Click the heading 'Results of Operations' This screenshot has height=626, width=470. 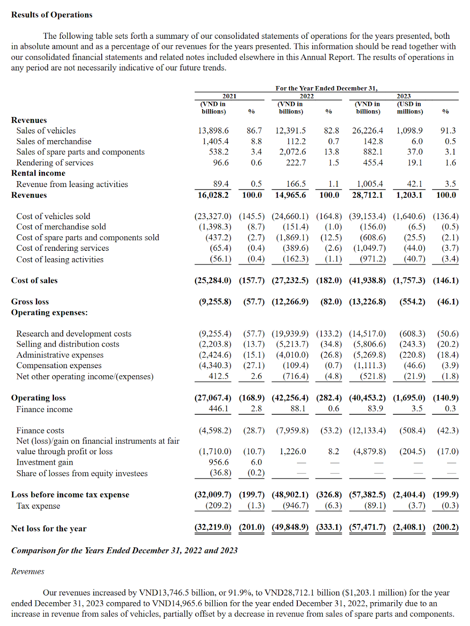coord(52,15)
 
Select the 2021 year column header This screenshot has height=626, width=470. coord(229,96)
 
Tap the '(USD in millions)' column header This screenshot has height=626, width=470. coord(409,108)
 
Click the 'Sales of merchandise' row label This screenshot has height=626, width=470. coord(54,141)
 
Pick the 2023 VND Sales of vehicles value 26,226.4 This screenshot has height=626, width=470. coord(367,131)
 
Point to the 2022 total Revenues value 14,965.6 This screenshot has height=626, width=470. coord(290,195)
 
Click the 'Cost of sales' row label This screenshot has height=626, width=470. coord(34,281)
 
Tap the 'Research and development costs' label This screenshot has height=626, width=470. coord(74,334)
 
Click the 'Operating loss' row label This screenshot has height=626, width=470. coord(38,398)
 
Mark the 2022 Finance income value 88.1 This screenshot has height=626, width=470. coord(298,409)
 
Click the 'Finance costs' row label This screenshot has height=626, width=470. coord(40,431)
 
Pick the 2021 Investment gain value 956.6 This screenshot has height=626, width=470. coord(219,462)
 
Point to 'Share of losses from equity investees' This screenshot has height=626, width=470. coord(82,473)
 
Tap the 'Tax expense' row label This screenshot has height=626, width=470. coord(38,506)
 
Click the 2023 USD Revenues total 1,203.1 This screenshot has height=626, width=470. coord(409,195)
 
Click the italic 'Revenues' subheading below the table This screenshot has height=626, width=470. coord(27,572)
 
